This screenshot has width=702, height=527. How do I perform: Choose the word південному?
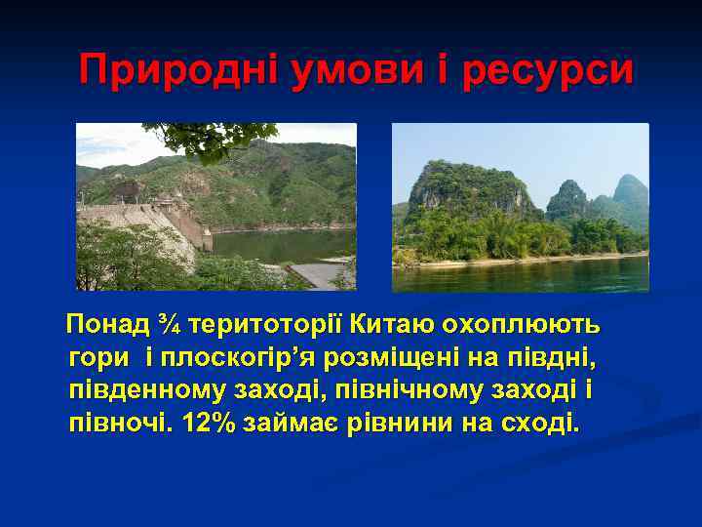tap(145, 390)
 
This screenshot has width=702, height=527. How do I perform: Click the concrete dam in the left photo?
tap(146, 223)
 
